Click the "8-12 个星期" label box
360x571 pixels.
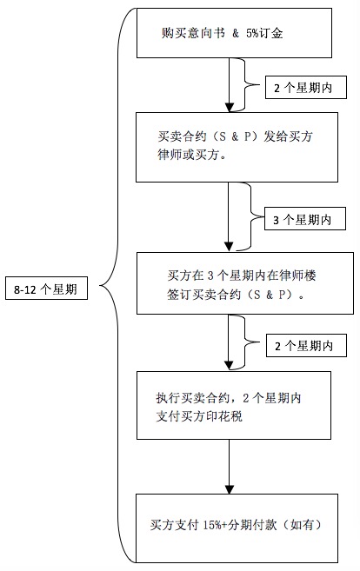click(x=46, y=289)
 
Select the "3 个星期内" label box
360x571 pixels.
click(x=305, y=219)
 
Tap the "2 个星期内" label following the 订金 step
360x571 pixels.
click(x=306, y=88)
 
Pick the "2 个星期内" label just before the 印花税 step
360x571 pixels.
click(x=306, y=346)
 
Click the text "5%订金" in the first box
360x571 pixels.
click(x=264, y=34)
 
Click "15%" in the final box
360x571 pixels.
click(x=212, y=525)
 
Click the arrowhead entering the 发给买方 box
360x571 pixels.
click(x=230, y=108)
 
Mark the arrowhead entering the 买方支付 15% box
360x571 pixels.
click(x=230, y=489)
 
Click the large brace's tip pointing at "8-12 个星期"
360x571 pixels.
click(x=100, y=286)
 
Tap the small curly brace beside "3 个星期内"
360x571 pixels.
click(x=252, y=216)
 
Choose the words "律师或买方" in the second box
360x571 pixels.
click(x=188, y=155)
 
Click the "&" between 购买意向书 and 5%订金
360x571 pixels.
click(x=236, y=34)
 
